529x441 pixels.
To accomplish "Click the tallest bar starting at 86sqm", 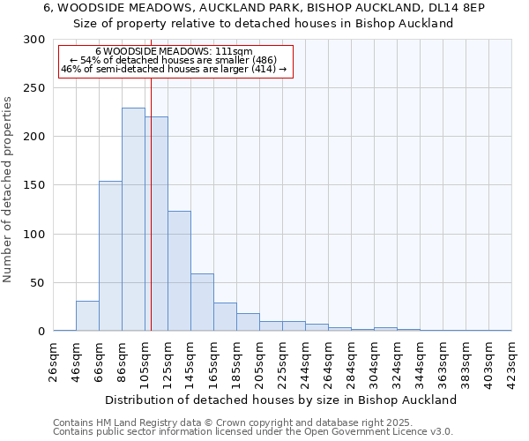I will pyautogui.click(x=133, y=220).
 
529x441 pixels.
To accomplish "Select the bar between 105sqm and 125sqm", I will pyautogui.click(x=156, y=224).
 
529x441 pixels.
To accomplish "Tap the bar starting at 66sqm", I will pyautogui.click(x=110, y=256).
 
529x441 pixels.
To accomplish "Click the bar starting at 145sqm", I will pyautogui.click(x=202, y=303).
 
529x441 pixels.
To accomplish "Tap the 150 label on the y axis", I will pyautogui.click(x=34, y=185).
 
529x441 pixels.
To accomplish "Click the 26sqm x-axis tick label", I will pyautogui.click(x=54, y=360).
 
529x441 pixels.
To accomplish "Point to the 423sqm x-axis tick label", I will pyautogui.click(x=512, y=360).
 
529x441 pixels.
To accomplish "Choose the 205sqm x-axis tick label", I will pyautogui.click(x=260, y=360).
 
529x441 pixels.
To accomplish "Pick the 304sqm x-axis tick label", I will pyautogui.click(x=375, y=360).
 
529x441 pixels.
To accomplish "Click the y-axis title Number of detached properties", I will pyautogui.click(x=8, y=190).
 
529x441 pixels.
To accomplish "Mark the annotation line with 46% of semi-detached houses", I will pyautogui.click(x=174, y=69).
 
